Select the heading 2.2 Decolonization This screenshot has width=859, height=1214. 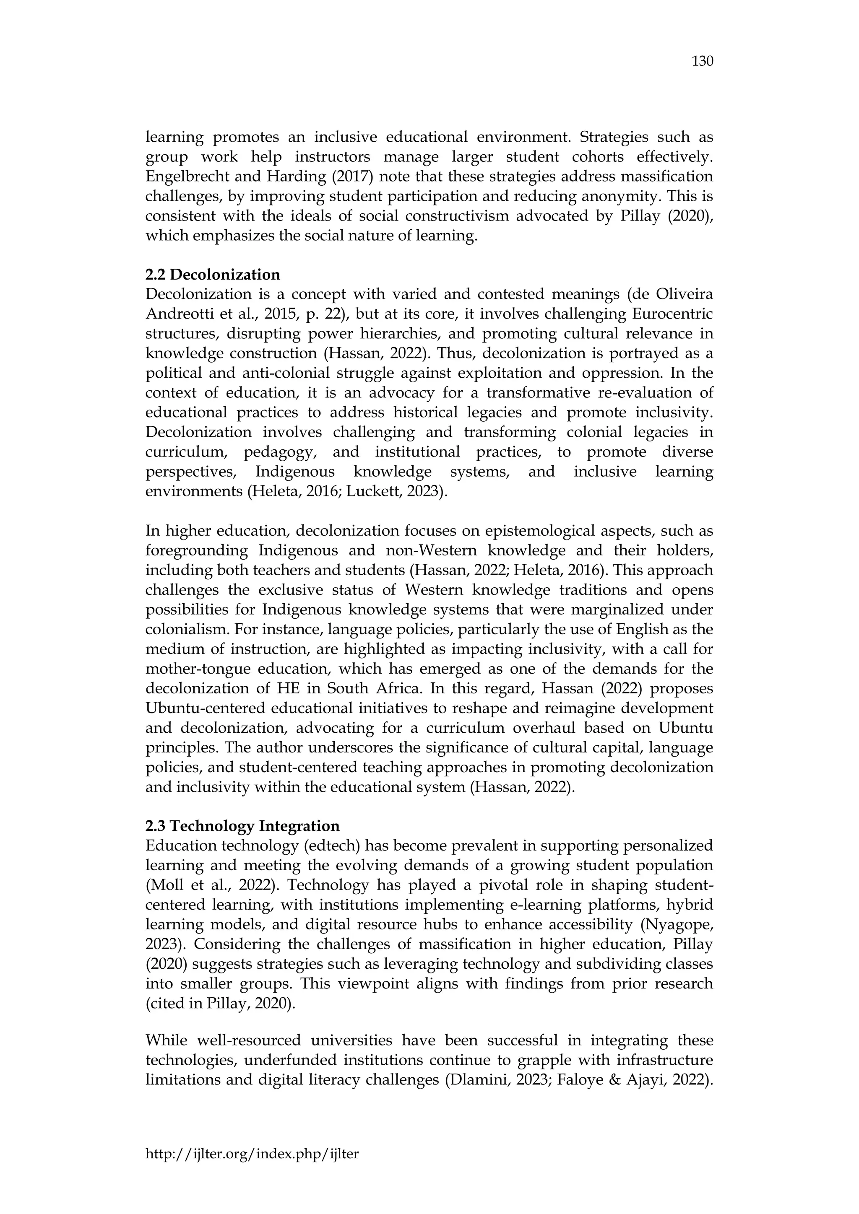(x=213, y=275)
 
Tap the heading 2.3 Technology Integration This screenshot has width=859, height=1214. (x=242, y=826)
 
